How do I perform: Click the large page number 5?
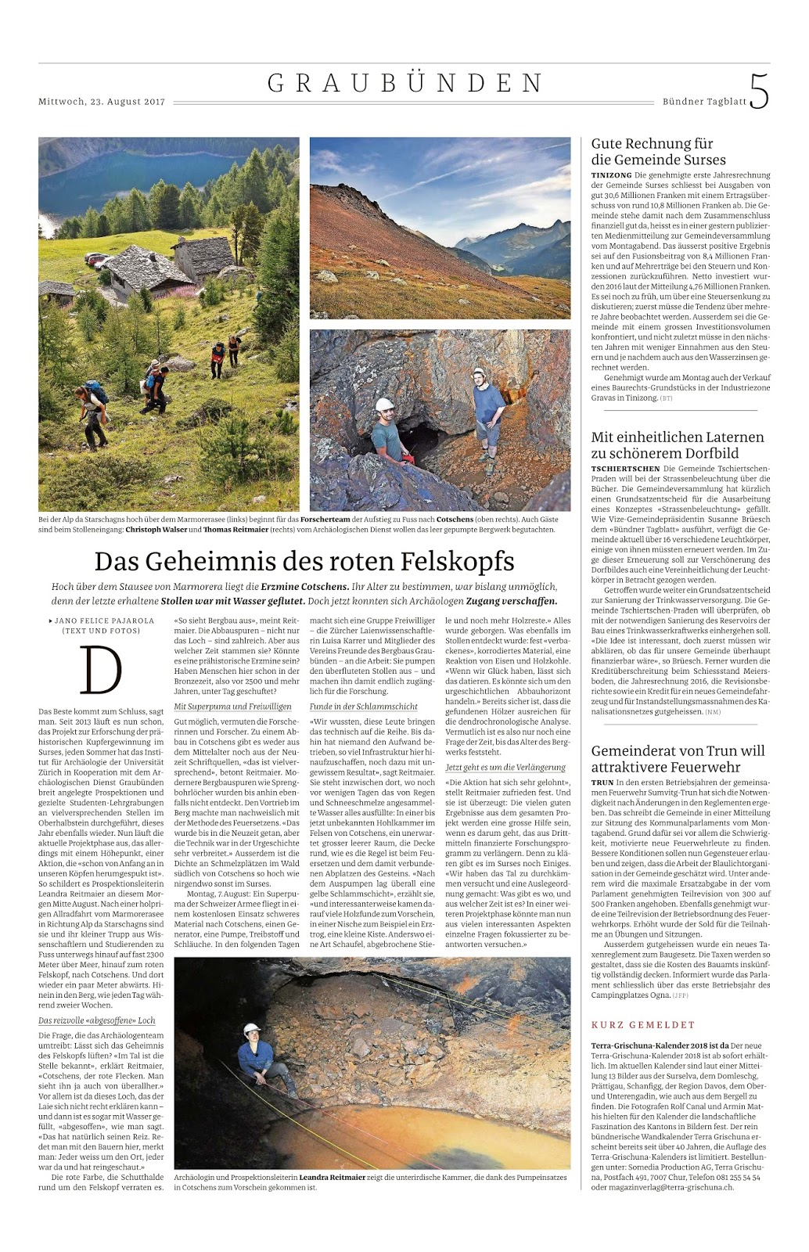[x=758, y=92]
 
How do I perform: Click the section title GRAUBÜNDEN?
[x=405, y=84]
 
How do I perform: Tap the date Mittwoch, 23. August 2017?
[x=102, y=102]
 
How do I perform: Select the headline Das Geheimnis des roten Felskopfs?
[x=304, y=561]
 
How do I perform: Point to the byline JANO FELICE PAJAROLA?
[x=104, y=621]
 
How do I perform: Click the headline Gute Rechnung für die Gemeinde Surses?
[x=658, y=152]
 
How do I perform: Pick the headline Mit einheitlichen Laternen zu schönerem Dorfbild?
[x=678, y=444]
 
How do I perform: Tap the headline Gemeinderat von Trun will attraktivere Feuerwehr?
[x=678, y=758]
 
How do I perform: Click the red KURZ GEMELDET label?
[x=642, y=1024]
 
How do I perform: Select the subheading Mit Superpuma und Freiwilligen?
[x=232, y=707]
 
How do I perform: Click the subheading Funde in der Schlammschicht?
[x=363, y=707]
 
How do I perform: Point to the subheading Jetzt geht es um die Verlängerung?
[x=505, y=768]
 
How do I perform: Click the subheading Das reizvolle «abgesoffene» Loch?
[x=97, y=1020]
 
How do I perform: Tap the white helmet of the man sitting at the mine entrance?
[x=384, y=405]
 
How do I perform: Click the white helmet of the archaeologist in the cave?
[x=251, y=1028]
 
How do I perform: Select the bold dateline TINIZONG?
[x=611, y=175]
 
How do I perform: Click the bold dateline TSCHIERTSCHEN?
[x=625, y=469]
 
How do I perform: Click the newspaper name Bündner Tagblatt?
[x=704, y=102]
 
